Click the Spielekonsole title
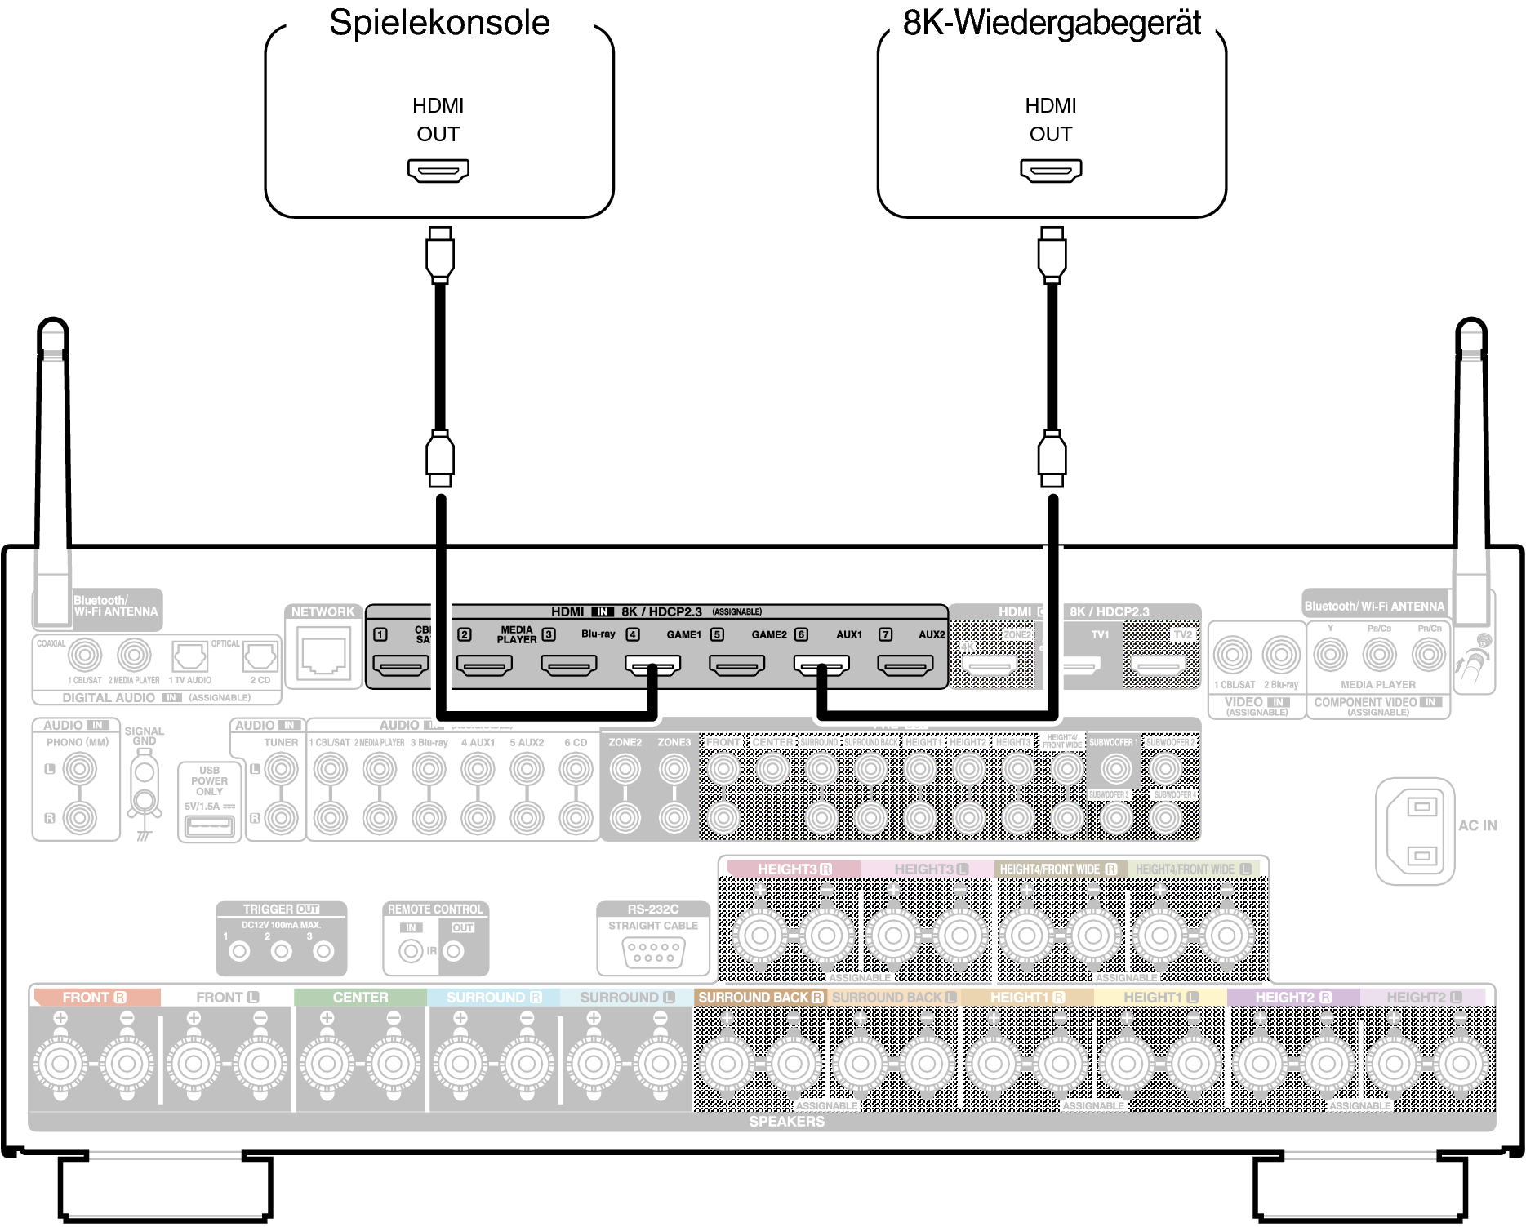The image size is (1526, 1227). point(439,23)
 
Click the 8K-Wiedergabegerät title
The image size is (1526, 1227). point(1052,23)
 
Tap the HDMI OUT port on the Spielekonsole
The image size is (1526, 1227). point(438,170)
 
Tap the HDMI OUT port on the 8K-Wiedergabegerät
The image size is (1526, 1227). point(1051,170)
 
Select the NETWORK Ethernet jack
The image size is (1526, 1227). point(324,654)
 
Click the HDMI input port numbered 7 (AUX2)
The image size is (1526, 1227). point(905,666)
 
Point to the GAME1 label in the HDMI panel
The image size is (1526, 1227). point(683,634)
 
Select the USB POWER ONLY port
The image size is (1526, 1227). point(210,826)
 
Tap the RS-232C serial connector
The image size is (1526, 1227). point(653,951)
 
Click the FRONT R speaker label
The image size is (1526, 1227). point(94,998)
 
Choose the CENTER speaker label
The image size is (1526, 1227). point(360,998)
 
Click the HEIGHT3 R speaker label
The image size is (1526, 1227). point(794,869)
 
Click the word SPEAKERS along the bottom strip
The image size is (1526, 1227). point(786,1122)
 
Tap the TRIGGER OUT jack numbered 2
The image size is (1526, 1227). point(282,951)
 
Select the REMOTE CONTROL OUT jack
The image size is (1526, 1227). point(454,951)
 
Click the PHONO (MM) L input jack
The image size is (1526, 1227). point(80,768)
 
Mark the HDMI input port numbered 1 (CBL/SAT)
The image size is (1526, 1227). point(400,666)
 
